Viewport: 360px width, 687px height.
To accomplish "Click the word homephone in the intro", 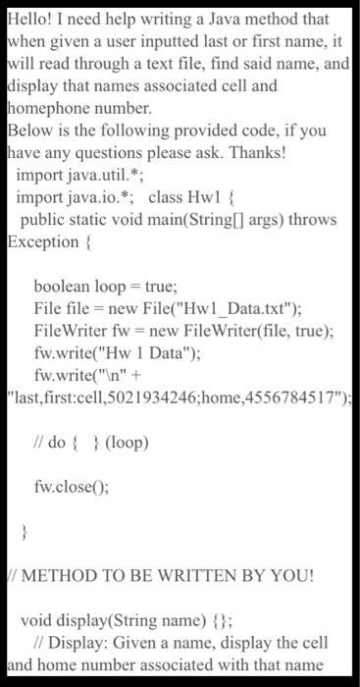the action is click(x=50, y=107).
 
